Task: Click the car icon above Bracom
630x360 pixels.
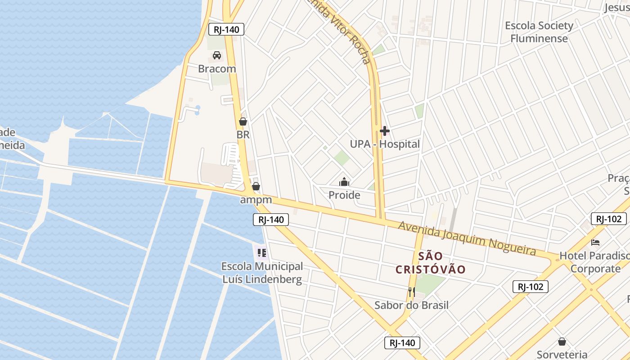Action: click(x=217, y=55)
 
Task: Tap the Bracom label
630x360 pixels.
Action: click(x=217, y=69)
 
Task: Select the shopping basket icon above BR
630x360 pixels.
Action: click(x=243, y=121)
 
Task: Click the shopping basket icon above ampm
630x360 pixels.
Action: click(x=256, y=186)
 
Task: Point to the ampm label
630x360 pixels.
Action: click(x=256, y=199)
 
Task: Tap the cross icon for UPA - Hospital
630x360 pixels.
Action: click(x=385, y=131)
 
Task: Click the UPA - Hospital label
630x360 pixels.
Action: click(x=385, y=144)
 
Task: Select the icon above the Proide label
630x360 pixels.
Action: click(x=344, y=182)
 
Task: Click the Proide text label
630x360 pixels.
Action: click(x=344, y=195)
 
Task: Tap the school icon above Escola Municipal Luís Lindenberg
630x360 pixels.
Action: click(x=262, y=252)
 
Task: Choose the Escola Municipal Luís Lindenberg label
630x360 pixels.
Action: click(x=262, y=273)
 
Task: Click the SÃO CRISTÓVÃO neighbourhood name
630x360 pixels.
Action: click(x=430, y=263)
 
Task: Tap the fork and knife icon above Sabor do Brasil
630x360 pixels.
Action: click(x=411, y=292)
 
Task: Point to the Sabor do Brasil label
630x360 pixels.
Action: click(x=411, y=305)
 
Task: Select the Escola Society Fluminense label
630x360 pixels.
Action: click(x=539, y=31)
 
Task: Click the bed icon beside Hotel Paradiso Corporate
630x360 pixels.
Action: click(x=595, y=242)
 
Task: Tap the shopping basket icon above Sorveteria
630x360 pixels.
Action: click(x=562, y=342)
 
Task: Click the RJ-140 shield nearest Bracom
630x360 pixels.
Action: click(x=226, y=30)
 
